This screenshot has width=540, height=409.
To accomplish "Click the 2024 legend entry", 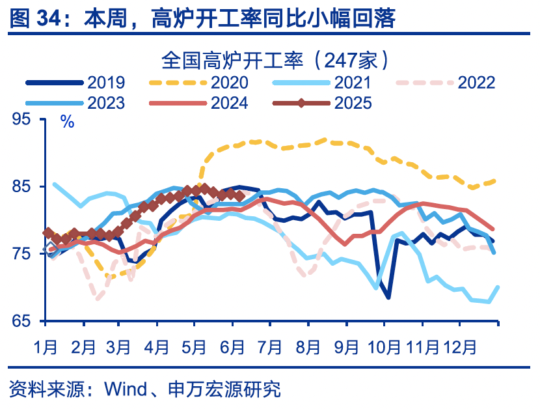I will pyautogui.click(x=229, y=102).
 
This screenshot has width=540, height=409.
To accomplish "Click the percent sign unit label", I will pyautogui.click(x=66, y=122).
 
